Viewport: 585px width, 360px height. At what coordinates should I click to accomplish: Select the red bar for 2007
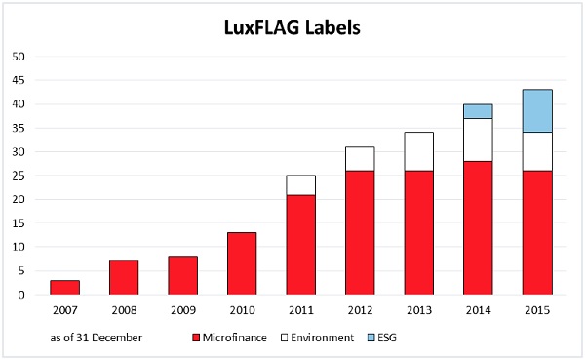click(65, 287)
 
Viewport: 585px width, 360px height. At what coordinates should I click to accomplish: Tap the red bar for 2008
click(124, 278)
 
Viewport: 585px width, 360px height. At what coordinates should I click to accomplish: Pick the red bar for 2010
click(242, 263)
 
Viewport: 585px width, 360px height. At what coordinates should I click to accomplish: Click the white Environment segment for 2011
click(300, 185)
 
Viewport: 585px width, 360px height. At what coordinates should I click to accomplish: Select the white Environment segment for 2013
click(418, 151)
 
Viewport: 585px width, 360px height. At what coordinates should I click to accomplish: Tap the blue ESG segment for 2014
click(478, 111)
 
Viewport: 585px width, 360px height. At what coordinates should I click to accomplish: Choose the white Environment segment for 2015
click(536, 151)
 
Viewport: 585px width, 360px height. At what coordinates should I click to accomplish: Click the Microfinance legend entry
click(234, 337)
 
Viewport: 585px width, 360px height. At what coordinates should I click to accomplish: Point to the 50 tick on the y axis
click(18, 57)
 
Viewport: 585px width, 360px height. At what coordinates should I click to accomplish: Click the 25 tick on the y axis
click(18, 176)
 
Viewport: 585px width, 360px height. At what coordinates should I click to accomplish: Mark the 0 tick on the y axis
click(20, 295)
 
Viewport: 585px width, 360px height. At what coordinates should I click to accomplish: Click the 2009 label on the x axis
click(182, 311)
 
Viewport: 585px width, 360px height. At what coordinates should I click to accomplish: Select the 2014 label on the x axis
click(478, 311)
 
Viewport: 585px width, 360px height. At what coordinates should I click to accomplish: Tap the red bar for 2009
click(182, 275)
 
